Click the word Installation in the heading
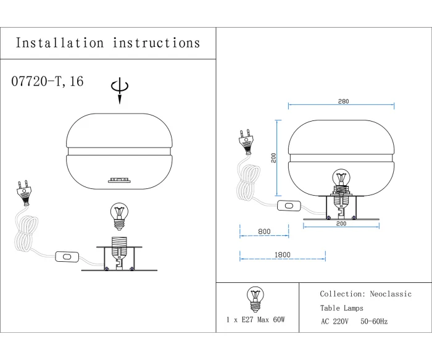tap(60, 43)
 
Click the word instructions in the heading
tap(157, 43)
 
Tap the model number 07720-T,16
tap(47, 82)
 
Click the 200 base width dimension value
tap(341, 224)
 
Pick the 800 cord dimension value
tap(264, 232)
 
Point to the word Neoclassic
tap(390, 295)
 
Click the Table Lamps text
tap(341, 308)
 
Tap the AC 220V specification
tap(334, 322)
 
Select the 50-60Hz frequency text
tap(375, 322)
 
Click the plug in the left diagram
tap(25, 191)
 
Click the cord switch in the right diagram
tap(287, 206)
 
